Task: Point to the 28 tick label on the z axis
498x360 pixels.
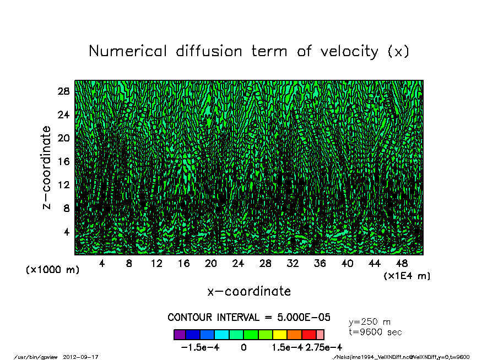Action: click(x=63, y=91)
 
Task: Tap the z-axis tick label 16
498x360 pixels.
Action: click(x=63, y=161)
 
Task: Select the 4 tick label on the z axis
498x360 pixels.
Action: click(x=67, y=231)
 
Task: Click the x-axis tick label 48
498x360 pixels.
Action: click(x=402, y=264)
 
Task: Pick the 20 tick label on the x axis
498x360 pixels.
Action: click(x=211, y=264)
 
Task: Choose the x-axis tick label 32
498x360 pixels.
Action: click(x=293, y=264)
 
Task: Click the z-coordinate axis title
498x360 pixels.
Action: click(x=47, y=168)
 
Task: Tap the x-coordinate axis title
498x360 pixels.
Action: click(x=249, y=291)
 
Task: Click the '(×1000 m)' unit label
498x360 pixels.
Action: click(x=52, y=270)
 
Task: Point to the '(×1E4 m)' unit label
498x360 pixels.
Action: click(x=407, y=275)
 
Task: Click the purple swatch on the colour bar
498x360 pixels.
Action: click(x=180, y=335)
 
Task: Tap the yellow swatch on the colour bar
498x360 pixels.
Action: click(x=279, y=335)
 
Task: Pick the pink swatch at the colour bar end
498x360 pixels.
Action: click(x=320, y=335)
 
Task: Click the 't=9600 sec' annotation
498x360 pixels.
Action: click(x=375, y=332)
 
